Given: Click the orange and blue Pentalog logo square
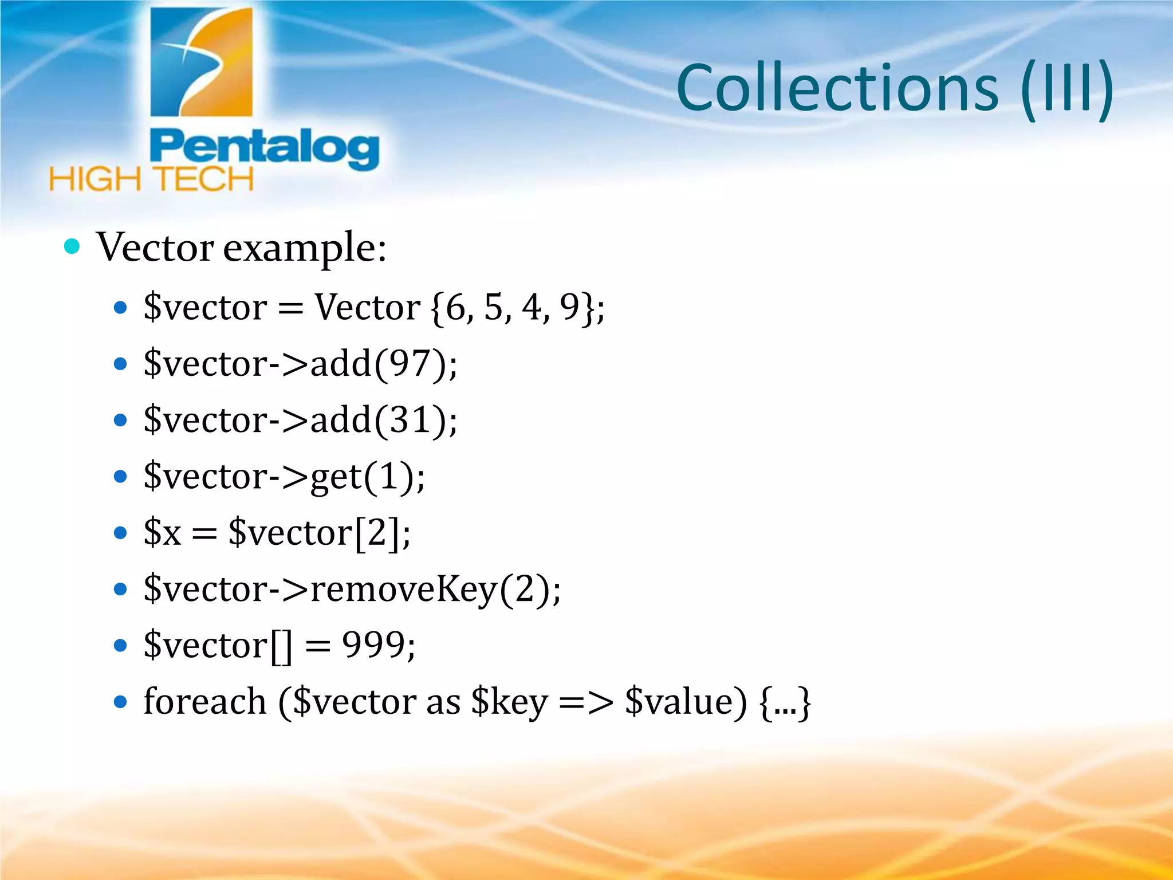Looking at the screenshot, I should pyautogui.click(x=201, y=62).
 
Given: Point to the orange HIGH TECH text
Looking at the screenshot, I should pyautogui.click(x=151, y=179).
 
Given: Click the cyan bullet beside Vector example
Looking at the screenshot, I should pyautogui.click(x=72, y=247).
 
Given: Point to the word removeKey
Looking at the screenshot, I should pyautogui.click(x=403, y=589).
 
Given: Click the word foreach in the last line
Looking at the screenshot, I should pyautogui.click(x=205, y=701).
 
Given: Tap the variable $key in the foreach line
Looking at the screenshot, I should pyautogui.click(x=509, y=702).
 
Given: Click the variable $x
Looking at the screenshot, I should pyautogui.click(x=162, y=532).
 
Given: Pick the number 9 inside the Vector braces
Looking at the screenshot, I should pyautogui.click(x=570, y=307).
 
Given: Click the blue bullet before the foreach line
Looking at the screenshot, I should pyautogui.click(x=120, y=702).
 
